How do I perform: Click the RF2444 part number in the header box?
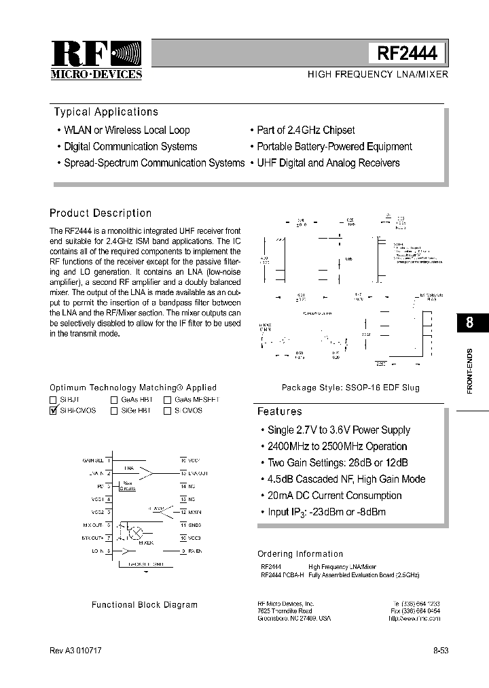[x=407, y=53]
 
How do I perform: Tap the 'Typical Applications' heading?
[x=106, y=112]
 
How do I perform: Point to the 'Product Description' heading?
[x=101, y=213]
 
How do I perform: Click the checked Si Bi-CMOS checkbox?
[x=54, y=411]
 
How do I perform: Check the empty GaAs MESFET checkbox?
[x=167, y=400]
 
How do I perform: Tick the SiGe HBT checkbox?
[x=114, y=411]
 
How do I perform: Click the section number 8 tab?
[x=469, y=323]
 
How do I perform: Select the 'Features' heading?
[x=279, y=411]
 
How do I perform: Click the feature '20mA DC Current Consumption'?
[x=334, y=496]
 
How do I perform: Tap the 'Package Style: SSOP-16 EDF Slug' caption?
[x=350, y=388]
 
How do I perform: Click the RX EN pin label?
[x=195, y=550]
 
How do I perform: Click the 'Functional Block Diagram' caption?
[x=145, y=604]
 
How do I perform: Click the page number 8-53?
[x=440, y=651]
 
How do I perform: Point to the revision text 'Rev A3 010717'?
[x=76, y=651]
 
